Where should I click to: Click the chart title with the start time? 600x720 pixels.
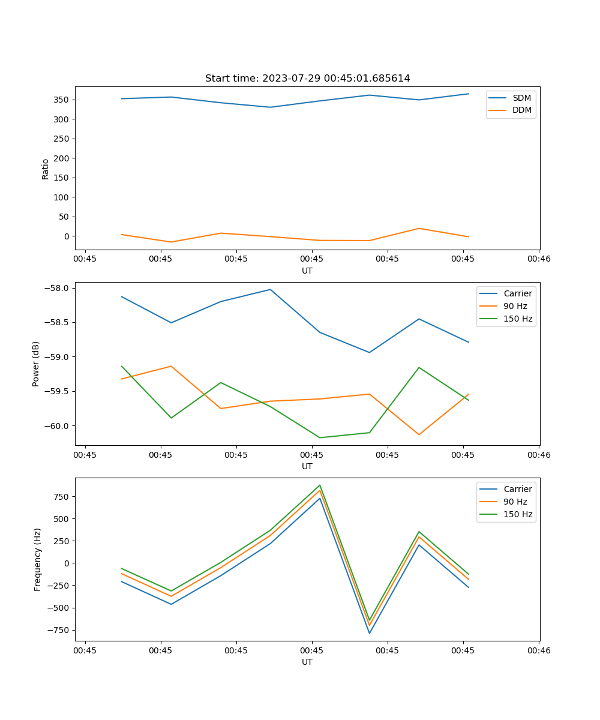(x=307, y=79)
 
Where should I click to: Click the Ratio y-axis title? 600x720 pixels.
(x=46, y=169)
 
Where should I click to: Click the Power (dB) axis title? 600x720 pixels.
(x=36, y=364)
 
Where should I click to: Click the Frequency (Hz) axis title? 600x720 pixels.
(x=38, y=559)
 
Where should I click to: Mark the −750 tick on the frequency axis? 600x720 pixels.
(x=59, y=630)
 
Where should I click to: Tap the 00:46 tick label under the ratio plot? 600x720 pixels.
(x=538, y=259)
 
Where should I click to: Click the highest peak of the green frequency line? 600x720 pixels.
(x=320, y=485)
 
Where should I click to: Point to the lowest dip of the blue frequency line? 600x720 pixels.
(x=370, y=633)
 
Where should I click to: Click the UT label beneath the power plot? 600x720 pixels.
(x=307, y=466)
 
